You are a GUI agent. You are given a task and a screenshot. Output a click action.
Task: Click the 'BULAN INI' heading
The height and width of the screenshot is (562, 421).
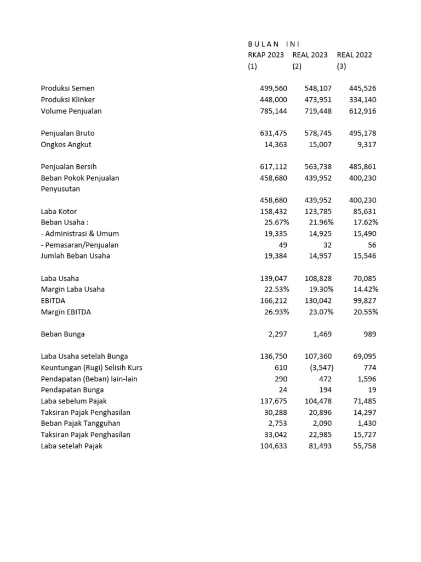click(x=274, y=44)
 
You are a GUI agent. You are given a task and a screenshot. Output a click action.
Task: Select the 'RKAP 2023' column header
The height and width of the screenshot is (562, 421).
click(x=266, y=55)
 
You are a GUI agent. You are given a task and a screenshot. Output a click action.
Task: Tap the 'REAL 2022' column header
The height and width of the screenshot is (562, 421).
click(x=354, y=55)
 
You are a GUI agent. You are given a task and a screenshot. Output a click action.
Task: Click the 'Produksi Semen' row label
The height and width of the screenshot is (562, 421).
click(x=67, y=88)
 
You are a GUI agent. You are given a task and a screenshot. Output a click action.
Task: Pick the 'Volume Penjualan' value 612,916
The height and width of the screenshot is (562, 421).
click(x=362, y=111)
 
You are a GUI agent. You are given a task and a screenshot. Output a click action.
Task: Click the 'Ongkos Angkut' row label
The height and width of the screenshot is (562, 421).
click(x=66, y=144)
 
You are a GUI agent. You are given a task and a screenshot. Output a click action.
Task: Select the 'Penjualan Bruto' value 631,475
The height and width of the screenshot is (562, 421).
click(x=274, y=133)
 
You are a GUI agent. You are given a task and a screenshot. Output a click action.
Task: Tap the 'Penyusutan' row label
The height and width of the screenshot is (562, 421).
click(x=60, y=189)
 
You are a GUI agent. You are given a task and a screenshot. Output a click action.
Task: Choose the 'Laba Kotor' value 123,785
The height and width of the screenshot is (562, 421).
click(x=318, y=211)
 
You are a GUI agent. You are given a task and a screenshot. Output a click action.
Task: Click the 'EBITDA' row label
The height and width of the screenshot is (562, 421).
click(x=53, y=301)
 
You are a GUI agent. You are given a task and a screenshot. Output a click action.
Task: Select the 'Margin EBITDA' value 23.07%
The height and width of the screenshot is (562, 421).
click(x=320, y=312)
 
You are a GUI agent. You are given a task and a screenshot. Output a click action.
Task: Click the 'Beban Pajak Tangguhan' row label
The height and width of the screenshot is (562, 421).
click(x=81, y=424)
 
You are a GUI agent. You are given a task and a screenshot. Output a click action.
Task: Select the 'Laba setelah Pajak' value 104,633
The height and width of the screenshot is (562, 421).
click(x=274, y=446)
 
